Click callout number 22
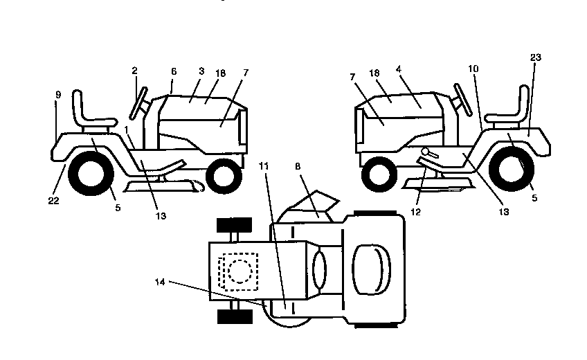point(53,201)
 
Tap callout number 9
point(58,95)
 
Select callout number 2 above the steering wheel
point(135,71)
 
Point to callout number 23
point(536,57)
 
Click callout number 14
point(160,282)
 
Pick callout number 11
point(264,166)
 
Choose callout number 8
point(298,167)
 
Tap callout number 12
point(416,212)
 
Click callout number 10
point(473,69)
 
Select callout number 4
point(399,69)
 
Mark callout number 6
point(174,71)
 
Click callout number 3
point(201,71)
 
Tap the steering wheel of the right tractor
point(462,100)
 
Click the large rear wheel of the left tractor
point(91,173)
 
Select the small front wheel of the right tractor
point(379,174)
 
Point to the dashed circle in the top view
point(240,271)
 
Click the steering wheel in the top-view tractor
point(319,270)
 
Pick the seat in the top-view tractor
point(371,269)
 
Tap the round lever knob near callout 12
point(425,151)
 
